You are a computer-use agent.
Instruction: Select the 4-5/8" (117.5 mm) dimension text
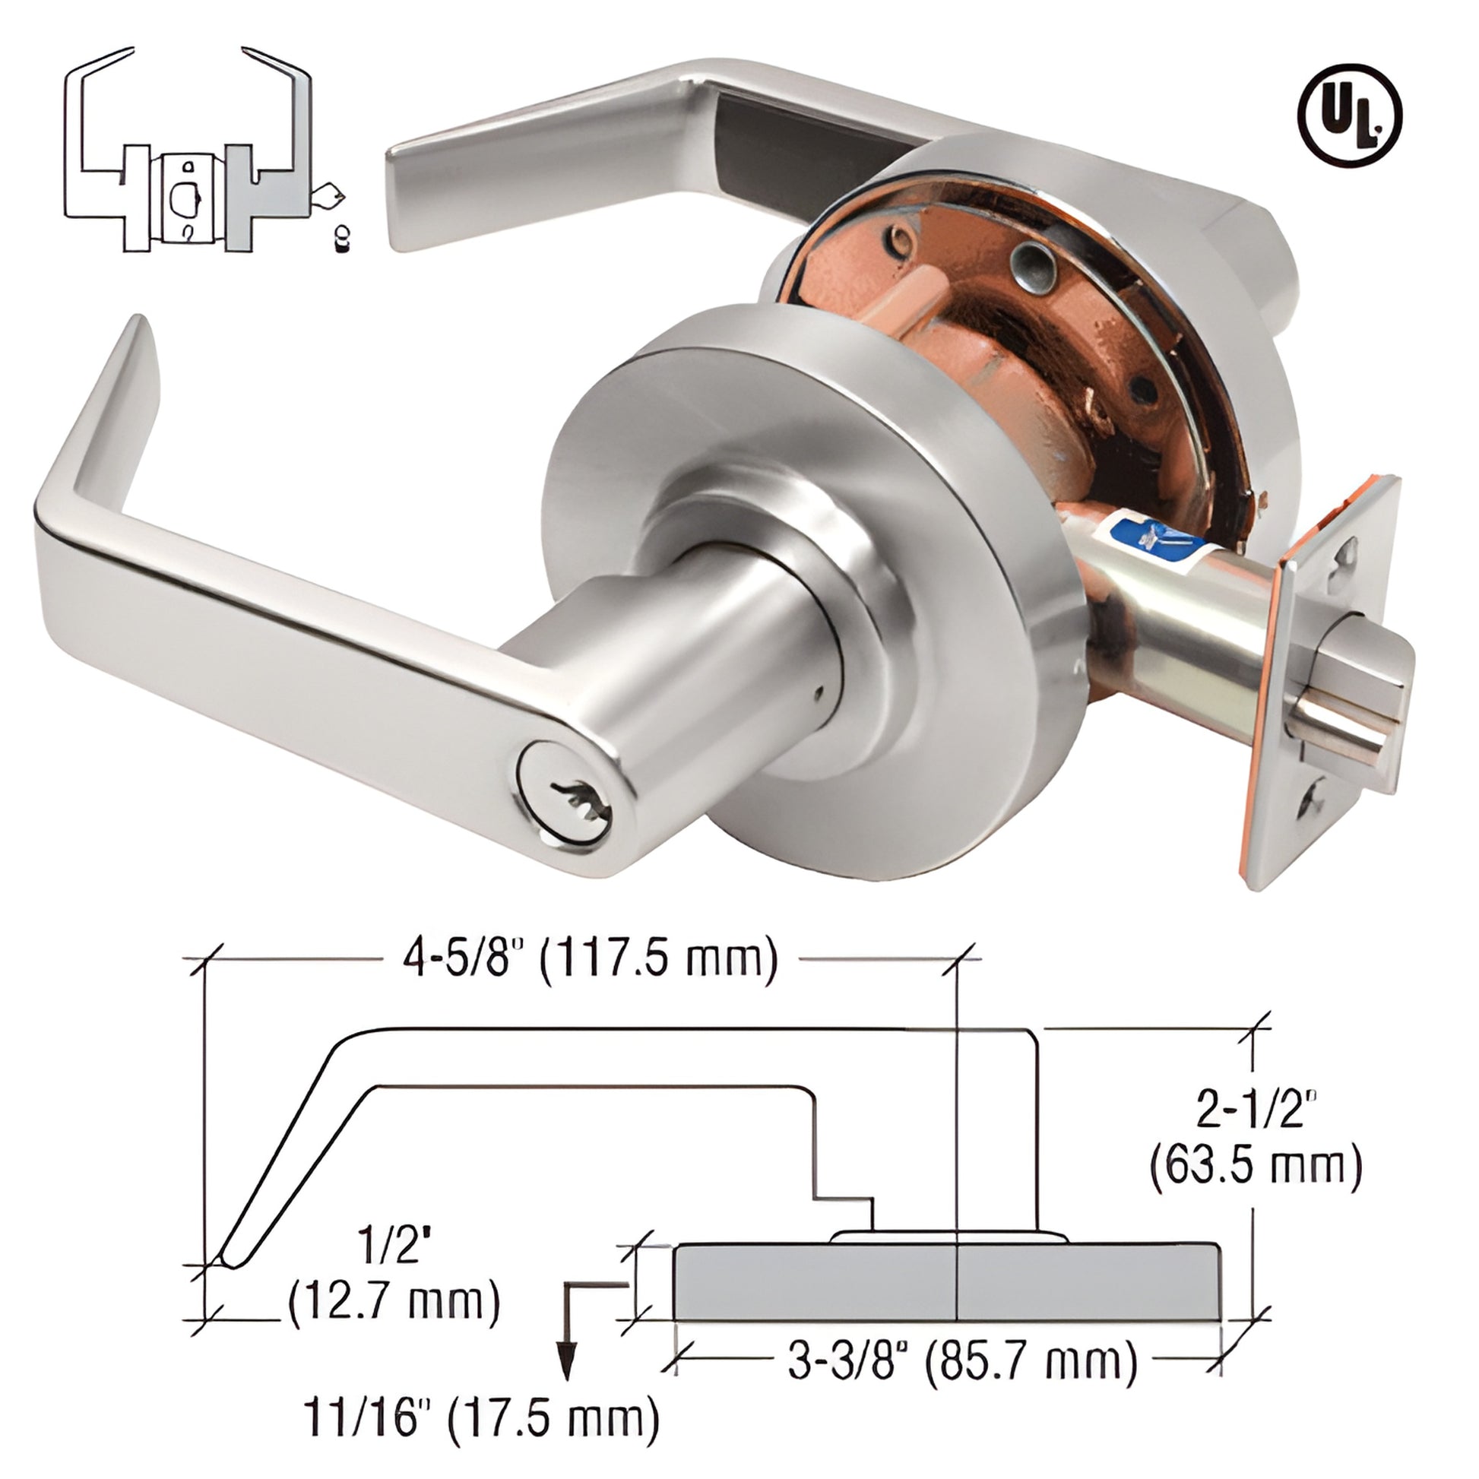tap(590, 959)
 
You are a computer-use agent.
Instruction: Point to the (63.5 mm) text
tap(1256, 1189)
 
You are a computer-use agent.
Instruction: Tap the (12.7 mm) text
tap(394, 1300)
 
